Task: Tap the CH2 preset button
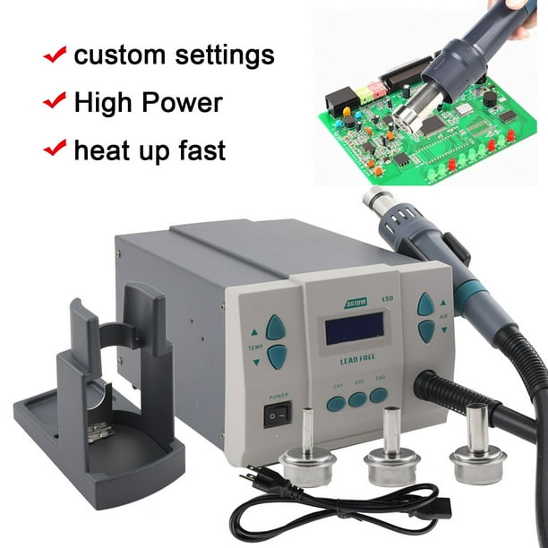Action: pyautogui.click(x=357, y=399)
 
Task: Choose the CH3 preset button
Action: pyautogui.click(x=379, y=395)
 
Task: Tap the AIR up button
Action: pyautogui.click(x=425, y=304)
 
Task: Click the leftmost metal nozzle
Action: pyautogui.click(x=302, y=457)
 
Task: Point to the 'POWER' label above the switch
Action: pyautogui.click(x=275, y=393)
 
